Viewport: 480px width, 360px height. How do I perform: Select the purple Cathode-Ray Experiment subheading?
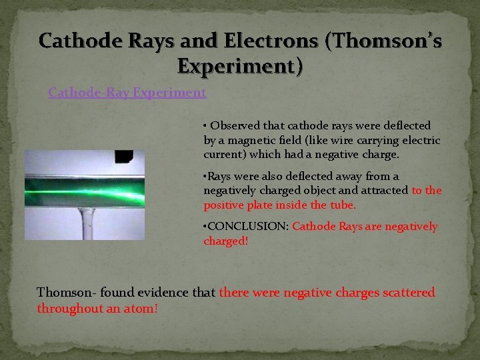point(127,93)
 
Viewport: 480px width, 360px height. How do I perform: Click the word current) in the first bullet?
point(225,154)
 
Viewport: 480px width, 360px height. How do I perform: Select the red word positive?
point(224,205)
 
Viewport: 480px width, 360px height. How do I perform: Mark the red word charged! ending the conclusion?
point(225,241)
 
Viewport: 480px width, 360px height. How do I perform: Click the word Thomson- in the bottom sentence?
point(66,293)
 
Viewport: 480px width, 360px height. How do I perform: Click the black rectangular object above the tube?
point(124,157)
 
